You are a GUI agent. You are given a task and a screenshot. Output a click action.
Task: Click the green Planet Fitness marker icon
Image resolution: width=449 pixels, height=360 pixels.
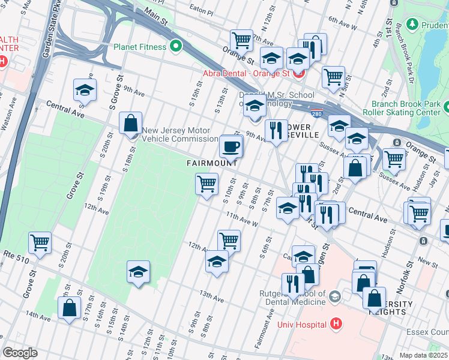[176, 46]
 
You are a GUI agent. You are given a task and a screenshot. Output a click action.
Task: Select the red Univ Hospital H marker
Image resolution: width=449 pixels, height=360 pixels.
[336, 325]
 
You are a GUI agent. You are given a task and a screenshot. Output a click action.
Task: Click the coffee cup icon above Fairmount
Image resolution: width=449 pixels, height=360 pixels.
[231, 146]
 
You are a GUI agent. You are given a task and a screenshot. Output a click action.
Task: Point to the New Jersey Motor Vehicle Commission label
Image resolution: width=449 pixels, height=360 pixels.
[176, 135]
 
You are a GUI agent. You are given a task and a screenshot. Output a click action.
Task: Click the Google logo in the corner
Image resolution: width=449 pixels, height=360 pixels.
[20, 353]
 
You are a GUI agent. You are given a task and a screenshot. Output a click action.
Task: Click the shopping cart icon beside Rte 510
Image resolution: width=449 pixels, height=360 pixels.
[40, 243]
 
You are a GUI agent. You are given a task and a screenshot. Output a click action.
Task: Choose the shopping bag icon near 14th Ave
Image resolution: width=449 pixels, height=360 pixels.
[70, 308]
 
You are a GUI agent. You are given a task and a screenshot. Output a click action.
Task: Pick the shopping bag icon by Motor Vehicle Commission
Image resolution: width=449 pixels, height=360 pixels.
[130, 123]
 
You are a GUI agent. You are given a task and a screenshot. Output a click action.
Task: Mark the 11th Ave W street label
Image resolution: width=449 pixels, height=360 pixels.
[242, 219]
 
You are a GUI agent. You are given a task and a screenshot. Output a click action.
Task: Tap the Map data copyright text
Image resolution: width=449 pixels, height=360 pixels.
[424, 355]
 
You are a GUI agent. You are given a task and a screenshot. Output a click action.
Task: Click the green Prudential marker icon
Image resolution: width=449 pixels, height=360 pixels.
[412, 24]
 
